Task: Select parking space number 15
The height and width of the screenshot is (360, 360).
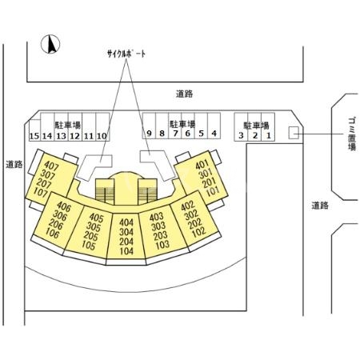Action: click(34, 136)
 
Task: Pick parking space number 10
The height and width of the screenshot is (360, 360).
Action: click(102, 136)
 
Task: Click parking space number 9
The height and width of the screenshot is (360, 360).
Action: click(148, 134)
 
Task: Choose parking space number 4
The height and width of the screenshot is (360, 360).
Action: click(214, 134)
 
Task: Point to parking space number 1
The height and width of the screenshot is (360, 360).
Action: click(269, 135)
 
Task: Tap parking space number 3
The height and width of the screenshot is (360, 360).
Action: click(241, 135)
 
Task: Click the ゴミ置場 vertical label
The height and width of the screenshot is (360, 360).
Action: click(352, 135)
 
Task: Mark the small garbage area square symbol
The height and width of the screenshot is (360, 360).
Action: click(293, 134)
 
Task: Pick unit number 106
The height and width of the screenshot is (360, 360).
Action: click(54, 234)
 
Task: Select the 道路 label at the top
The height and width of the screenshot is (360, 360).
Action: click(183, 94)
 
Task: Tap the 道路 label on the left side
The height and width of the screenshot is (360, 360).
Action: click(14, 165)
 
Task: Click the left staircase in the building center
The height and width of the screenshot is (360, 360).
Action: click(106, 193)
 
